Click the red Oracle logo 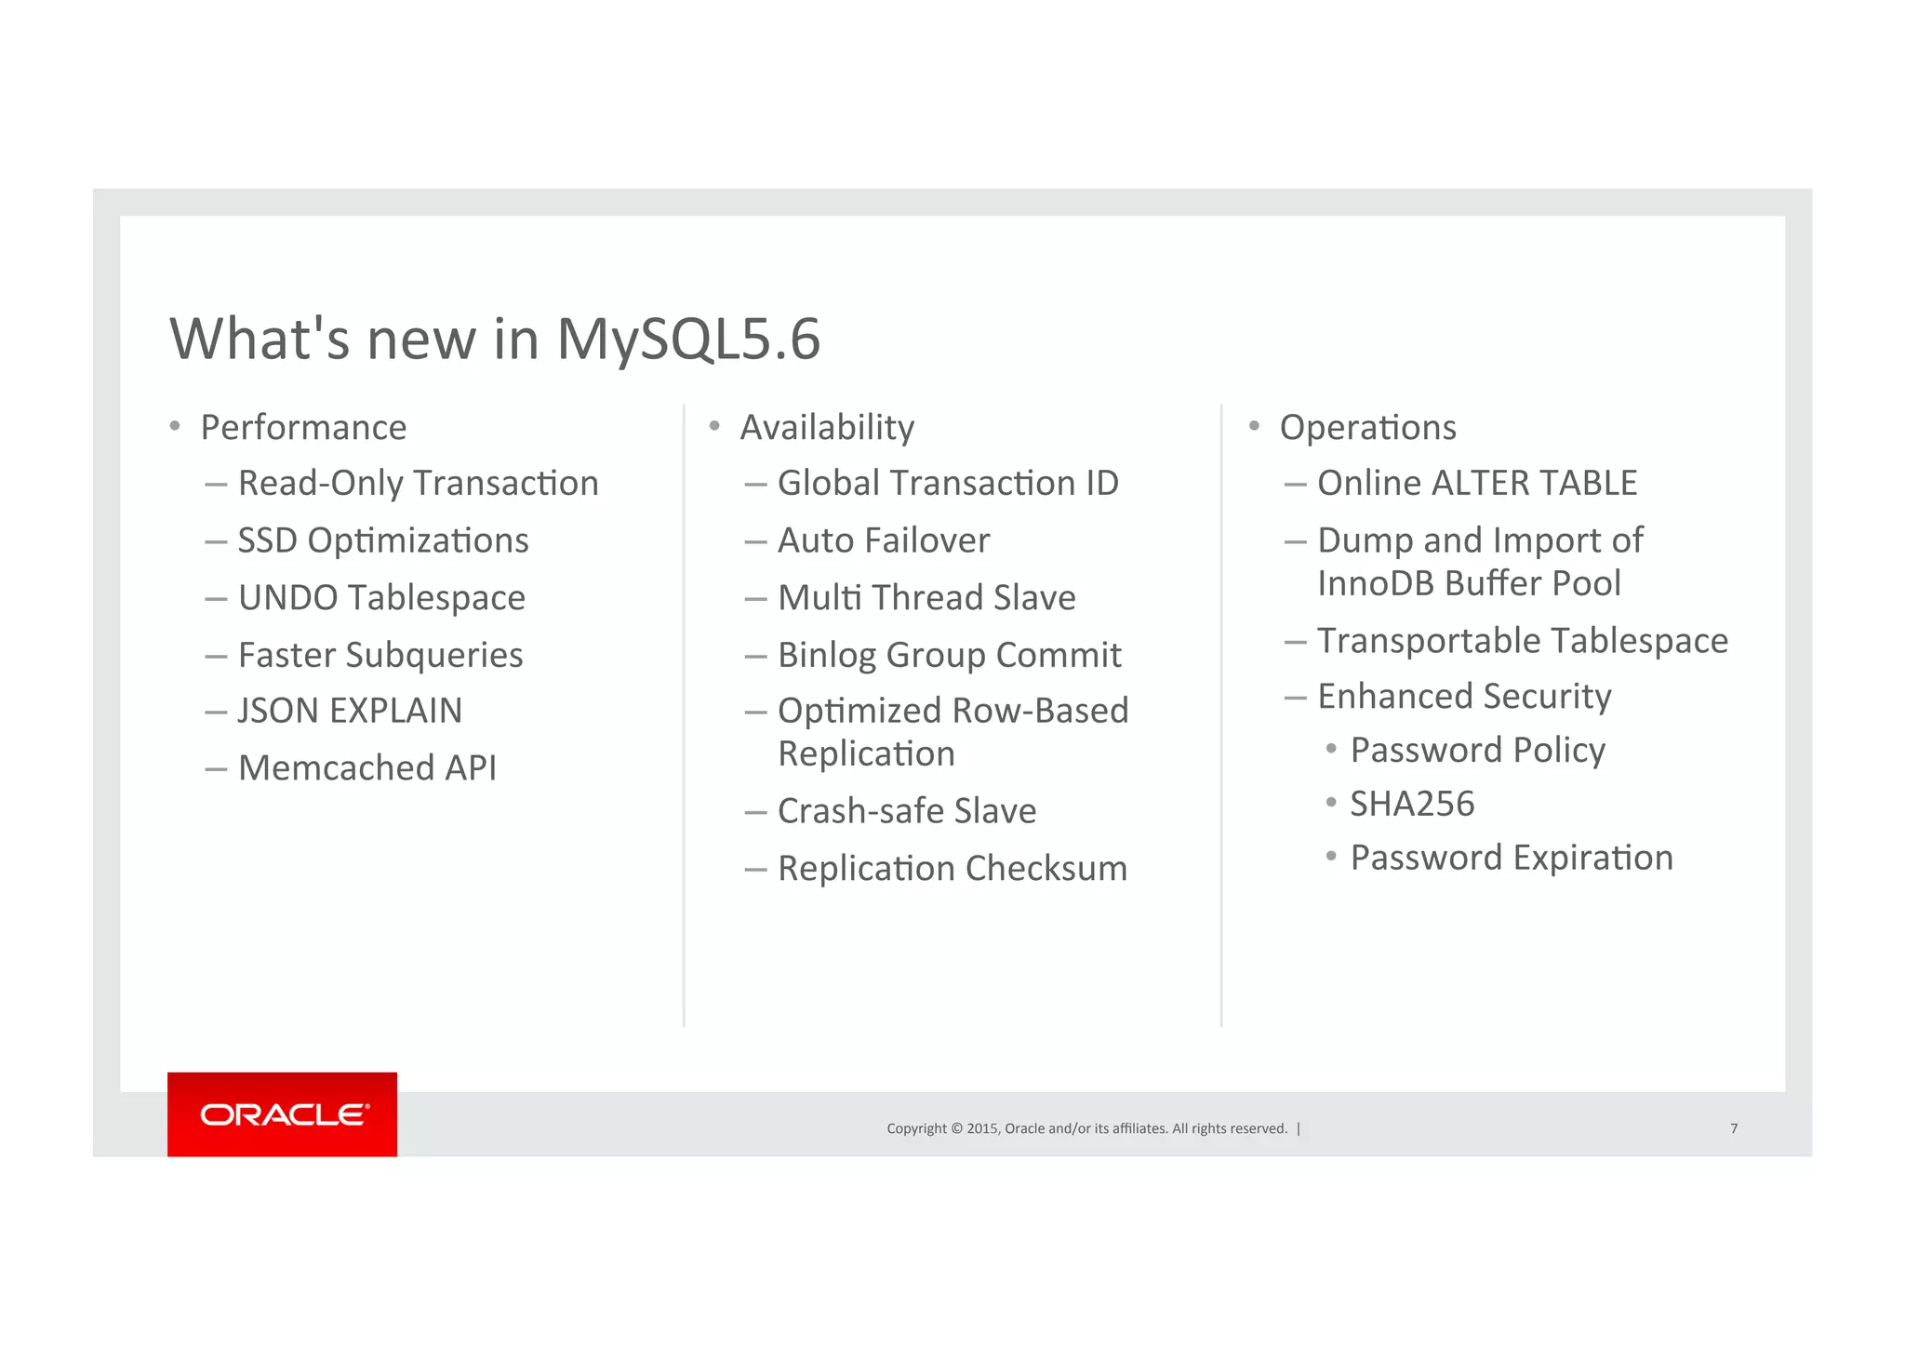click(282, 1113)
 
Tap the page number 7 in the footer click(1733, 1128)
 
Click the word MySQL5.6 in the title click(688, 339)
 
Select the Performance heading click(303, 428)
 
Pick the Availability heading click(827, 428)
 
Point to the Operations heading click(1367, 428)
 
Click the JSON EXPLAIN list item click(350, 711)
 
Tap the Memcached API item click(366, 768)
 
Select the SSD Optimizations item click(382, 540)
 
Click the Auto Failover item click(884, 540)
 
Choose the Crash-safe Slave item click(907, 811)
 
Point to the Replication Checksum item click(952, 869)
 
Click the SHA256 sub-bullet click(1412, 804)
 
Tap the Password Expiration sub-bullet click(1512, 858)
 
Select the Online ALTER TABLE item click(1477, 483)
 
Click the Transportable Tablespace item click(1523, 640)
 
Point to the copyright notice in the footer click(1086, 1128)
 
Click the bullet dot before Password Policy click(1331, 749)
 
